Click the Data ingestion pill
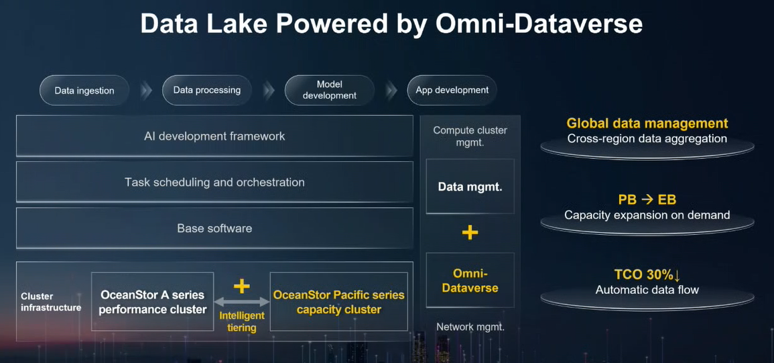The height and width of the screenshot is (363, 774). (x=84, y=91)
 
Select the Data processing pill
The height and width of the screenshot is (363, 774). (x=207, y=90)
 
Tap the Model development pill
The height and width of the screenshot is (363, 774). (x=329, y=90)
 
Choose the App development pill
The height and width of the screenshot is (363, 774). (x=452, y=90)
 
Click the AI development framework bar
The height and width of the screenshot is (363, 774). (x=214, y=136)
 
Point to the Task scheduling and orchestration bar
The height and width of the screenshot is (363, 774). (x=214, y=182)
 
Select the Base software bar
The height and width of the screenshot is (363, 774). (x=214, y=229)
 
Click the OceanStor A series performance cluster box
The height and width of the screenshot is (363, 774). (x=153, y=302)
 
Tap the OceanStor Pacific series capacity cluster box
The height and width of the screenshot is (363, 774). (x=338, y=302)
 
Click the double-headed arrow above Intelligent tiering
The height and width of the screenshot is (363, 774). (x=241, y=302)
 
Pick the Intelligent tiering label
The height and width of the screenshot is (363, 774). (x=242, y=321)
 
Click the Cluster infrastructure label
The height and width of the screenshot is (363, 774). (x=51, y=302)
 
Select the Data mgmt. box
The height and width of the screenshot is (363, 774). (x=470, y=187)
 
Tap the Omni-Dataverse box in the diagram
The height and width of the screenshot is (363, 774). (x=470, y=280)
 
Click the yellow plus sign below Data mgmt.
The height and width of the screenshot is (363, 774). (x=470, y=232)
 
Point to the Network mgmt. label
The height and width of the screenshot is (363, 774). (x=470, y=326)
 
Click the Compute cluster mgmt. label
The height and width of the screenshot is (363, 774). (x=470, y=136)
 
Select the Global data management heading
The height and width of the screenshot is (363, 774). (x=647, y=123)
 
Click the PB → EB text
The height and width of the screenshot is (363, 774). (x=647, y=200)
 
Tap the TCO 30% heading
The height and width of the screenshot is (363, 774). (x=647, y=275)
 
